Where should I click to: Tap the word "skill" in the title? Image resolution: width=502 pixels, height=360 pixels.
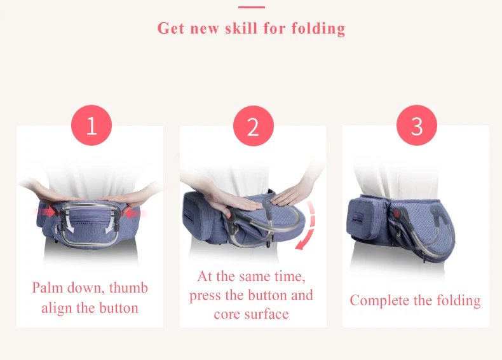(266, 29)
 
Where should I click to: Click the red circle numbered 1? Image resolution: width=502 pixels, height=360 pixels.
(91, 125)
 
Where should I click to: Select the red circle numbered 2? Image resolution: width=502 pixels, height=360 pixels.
(253, 126)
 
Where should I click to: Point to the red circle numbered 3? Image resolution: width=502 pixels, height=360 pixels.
(416, 125)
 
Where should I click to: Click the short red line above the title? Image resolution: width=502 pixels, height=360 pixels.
(251, 7)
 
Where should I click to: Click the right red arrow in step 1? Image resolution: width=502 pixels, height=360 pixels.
(133, 214)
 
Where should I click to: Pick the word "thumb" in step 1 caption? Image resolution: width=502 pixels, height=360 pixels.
(128, 287)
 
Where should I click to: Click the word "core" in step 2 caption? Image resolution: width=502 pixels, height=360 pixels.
(227, 314)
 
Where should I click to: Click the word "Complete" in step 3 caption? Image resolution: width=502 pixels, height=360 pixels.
(379, 300)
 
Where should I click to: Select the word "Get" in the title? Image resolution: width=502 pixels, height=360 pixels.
(172, 29)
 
